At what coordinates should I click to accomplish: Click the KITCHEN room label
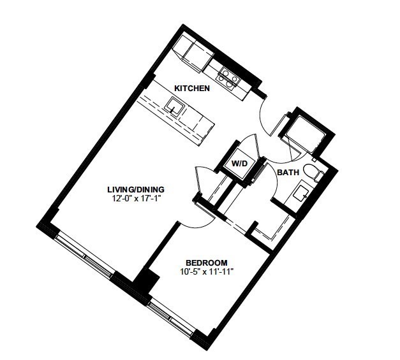click(x=192, y=89)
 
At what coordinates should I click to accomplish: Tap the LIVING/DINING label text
click(x=136, y=189)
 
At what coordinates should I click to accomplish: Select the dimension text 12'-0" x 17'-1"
click(x=136, y=198)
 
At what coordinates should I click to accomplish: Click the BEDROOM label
click(x=207, y=263)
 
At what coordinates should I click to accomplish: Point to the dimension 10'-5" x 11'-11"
click(x=207, y=271)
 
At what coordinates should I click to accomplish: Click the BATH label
click(x=288, y=173)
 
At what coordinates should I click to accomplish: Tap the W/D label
click(x=239, y=163)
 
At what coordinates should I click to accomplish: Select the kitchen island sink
click(x=175, y=106)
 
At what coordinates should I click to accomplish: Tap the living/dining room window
click(x=84, y=255)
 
